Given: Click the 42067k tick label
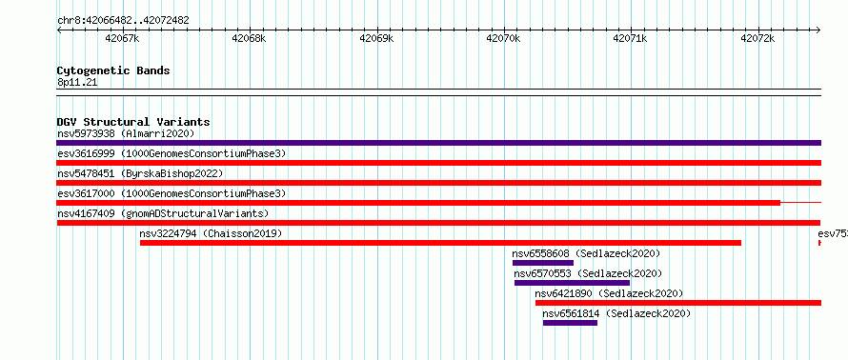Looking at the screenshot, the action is coord(123,39).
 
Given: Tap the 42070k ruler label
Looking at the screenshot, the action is coord(503,39).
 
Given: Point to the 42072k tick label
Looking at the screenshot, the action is coord(757,39).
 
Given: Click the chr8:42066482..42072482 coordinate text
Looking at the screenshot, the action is coord(123,21).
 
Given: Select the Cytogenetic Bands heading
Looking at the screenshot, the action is coord(113,70).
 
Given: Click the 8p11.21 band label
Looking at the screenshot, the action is coord(77,83).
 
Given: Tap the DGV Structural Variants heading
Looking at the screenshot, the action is coord(133,122).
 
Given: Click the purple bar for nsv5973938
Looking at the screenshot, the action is coord(438,143).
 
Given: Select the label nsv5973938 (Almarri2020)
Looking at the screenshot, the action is coord(126,133).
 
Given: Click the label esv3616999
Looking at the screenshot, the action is coord(86,153).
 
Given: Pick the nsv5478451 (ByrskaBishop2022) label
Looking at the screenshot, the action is coord(140,173).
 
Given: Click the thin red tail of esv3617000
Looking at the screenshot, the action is coord(801,203).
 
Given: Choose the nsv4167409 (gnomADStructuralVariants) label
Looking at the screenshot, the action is coord(163,213).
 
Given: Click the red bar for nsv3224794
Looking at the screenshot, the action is coord(440,243).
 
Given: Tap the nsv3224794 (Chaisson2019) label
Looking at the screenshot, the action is coord(211,233).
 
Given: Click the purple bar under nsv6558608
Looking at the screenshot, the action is coord(543,263).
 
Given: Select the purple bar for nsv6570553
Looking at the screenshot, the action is coord(573,283).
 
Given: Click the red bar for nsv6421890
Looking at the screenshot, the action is coord(678,303).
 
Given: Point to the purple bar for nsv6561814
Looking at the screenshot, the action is coord(570,323).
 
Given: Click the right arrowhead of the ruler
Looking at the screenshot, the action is coord(818,30).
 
